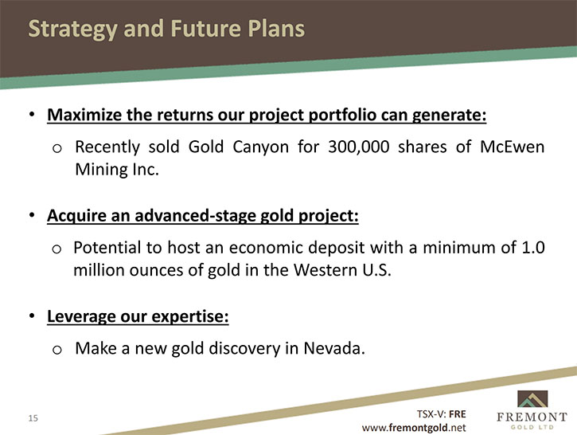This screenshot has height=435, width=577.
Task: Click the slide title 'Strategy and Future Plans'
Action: (x=166, y=29)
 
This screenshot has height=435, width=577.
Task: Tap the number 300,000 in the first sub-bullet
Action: (x=359, y=147)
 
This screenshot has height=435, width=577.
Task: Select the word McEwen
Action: (x=513, y=147)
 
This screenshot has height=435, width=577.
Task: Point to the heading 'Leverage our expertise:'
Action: (x=138, y=316)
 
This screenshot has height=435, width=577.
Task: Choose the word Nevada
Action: (x=334, y=348)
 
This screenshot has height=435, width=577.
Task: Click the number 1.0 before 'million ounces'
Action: (x=533, y=248)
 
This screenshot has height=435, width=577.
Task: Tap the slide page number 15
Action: (x=33, y=418)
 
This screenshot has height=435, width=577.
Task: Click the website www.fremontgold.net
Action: (x=414, y=428)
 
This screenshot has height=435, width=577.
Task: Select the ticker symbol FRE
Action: (x=458, y=414)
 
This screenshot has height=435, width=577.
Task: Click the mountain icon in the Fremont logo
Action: (x=532, y=399)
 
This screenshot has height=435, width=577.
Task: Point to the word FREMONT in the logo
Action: (x=532, y=417)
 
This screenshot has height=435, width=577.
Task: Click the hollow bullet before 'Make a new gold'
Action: (x=57, y=349)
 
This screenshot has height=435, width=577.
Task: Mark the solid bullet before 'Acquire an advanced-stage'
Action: (x=33, y=215)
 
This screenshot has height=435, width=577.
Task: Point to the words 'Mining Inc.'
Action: (x=117, y=170)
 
